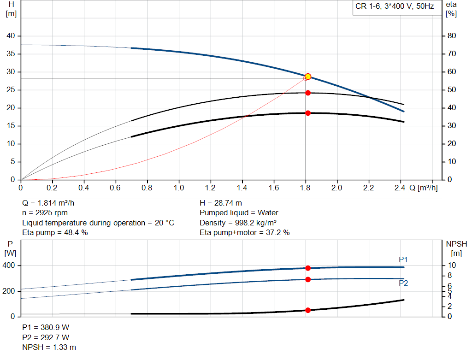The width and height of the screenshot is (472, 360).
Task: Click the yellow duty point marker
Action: coord(308,77)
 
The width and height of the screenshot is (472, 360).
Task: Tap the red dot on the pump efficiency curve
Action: coord(308,93)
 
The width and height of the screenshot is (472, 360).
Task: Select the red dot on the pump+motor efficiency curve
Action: coord(308,113)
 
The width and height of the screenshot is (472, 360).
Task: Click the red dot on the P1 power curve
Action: coord(308,268)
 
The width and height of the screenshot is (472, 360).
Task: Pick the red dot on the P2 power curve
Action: coord(308,279)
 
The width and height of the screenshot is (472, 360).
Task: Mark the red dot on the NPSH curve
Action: coord(308,310)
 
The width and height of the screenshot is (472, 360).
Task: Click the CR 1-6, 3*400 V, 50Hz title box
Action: coord(394,7)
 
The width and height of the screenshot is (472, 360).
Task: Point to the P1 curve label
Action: coord(403,260)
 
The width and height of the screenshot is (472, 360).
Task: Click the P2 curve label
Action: coord(403,283)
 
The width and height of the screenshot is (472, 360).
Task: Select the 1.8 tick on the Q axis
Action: coord(305,188)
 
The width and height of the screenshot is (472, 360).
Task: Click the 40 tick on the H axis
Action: coord(11,36)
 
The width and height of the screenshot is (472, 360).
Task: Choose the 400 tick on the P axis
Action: coord(9,266)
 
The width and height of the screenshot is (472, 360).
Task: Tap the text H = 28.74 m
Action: coord(221,203)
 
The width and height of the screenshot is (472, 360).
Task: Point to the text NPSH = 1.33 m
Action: coord(49,347)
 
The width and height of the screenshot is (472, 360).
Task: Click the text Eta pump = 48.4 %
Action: coord(55,232)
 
